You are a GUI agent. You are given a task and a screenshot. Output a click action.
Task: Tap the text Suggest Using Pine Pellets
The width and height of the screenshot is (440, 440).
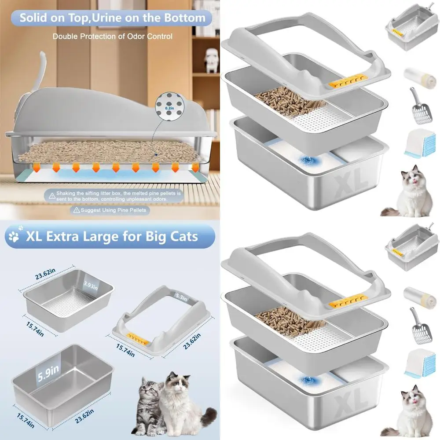click(x=112, y=210)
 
